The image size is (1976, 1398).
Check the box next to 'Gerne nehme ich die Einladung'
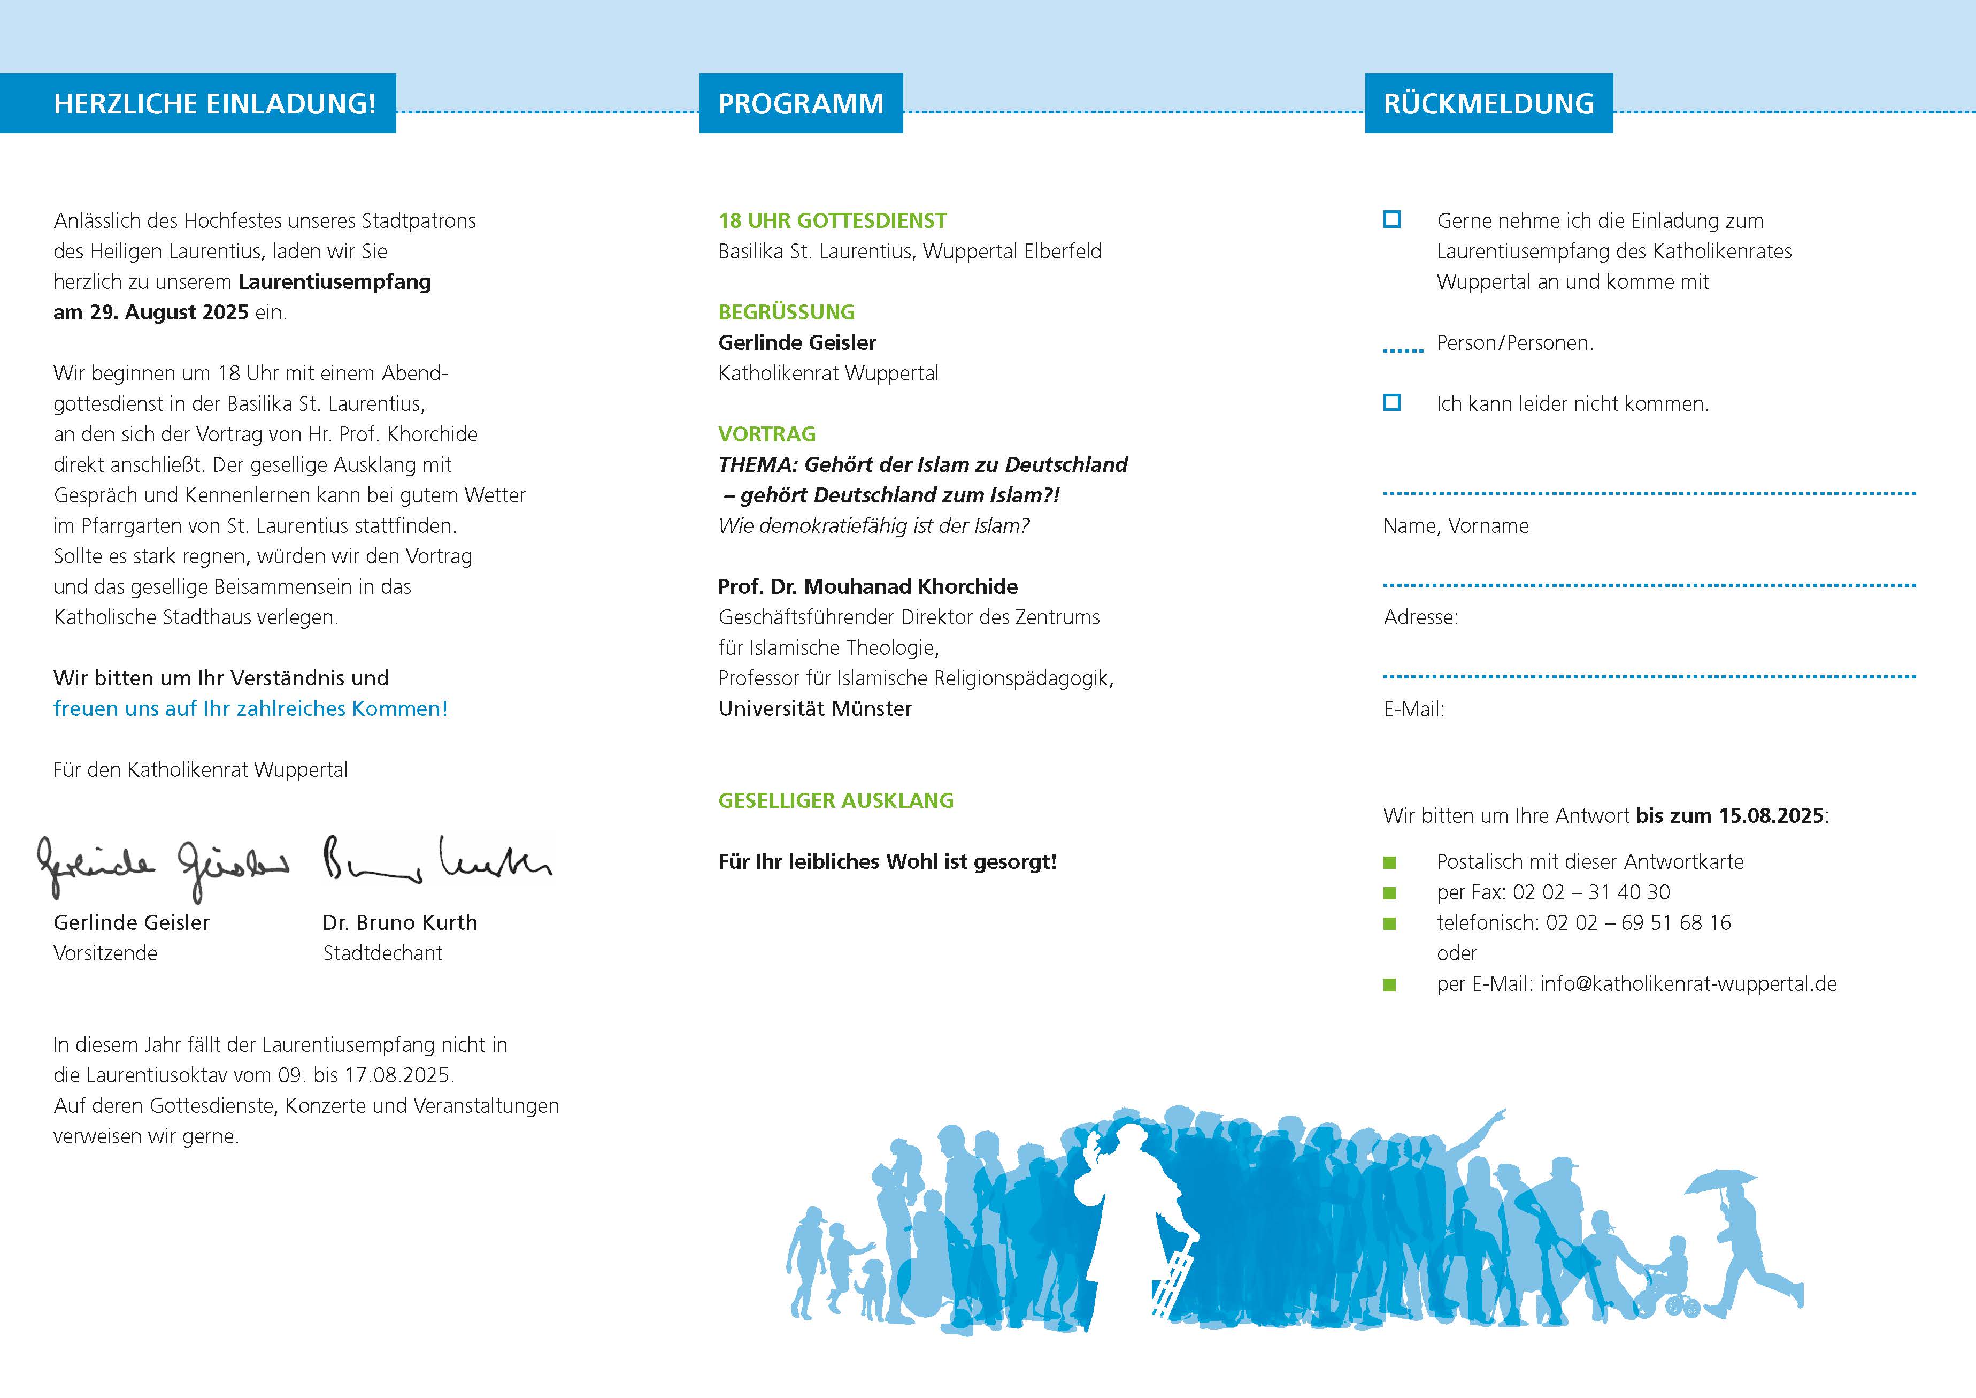[1391, 219]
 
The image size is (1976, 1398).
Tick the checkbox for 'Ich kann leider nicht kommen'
[1391, 402]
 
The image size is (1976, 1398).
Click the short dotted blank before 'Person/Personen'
[1403, 349]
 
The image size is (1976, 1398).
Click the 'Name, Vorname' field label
[1455, 526]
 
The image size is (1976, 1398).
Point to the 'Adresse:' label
[1421, 617]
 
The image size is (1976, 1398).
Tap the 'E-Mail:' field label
[1413, 709]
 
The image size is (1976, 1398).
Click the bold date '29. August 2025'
[168, 312]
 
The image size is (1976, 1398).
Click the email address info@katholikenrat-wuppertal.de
[1688, 984]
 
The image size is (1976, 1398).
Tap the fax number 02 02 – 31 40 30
[1591, 893]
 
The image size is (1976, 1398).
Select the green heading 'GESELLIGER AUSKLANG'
[836, 800]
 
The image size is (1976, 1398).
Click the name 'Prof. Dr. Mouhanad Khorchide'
[867, 587]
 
